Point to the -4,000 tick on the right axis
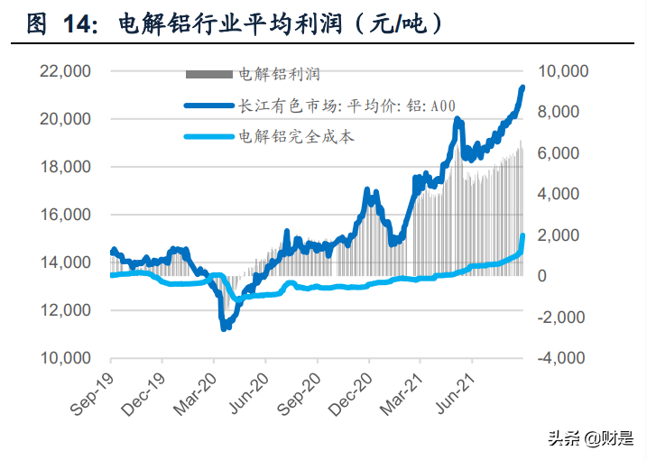coord(559,358)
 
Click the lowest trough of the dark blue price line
coord(225,327)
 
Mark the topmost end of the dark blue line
coord(522,87)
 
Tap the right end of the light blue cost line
coord(523,236)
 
